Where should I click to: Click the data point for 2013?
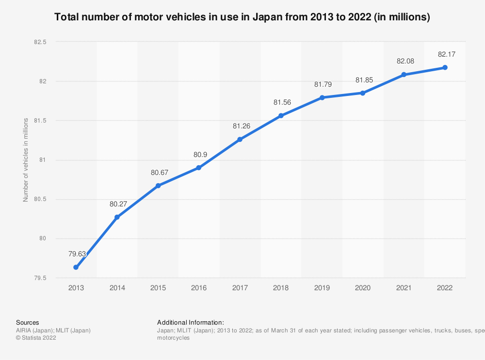tap(76, 267)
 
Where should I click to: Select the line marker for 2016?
tap(199, 168)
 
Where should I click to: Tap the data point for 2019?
tap(322, 97)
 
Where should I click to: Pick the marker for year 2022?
tap(445, 67)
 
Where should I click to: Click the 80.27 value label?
tap(118, 204)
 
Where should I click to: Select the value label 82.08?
tap(404, 61)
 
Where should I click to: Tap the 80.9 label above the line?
tap(199, 155)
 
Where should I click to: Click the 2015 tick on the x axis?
tap(158, 288)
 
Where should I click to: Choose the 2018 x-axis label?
tap(281, 288)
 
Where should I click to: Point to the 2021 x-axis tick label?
tap(404, 288)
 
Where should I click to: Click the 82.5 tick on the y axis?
tap(40, 42)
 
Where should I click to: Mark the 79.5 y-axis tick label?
tap(40, 278)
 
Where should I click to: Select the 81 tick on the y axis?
tap(43, 160)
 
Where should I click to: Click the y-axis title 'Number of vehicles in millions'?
tap(26, 160)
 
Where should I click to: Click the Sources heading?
tap(28, 322)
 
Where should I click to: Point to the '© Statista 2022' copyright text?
tap(36, 338)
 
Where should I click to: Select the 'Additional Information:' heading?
tap(191, 322)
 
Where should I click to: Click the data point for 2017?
tap(240, 140)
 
